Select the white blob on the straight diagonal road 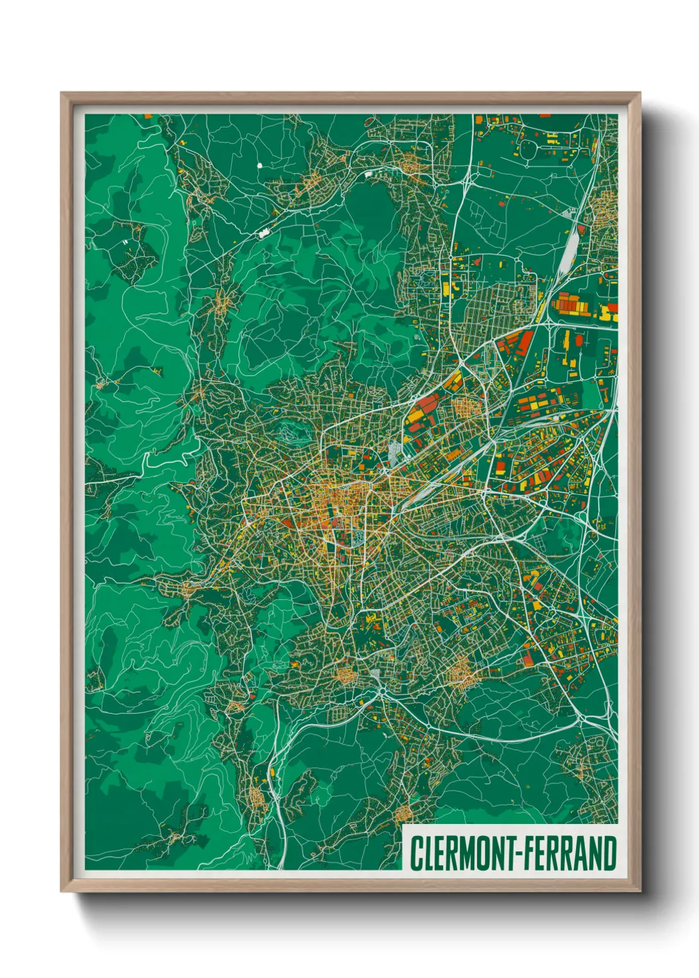pos(265,232)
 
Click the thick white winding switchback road pos(165,456)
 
